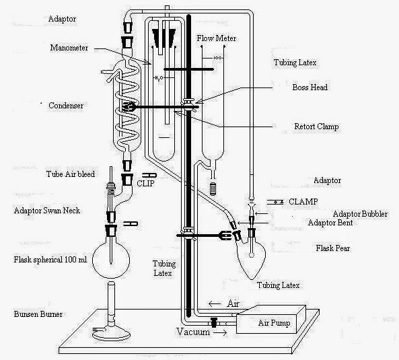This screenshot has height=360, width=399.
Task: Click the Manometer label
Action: click(x=70, y=48)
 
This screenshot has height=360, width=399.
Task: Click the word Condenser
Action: click(x=66, y=106)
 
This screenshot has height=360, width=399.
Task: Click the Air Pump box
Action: click(x=272, y=322)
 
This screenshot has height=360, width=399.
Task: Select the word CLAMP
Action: click(x=304, y=201)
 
